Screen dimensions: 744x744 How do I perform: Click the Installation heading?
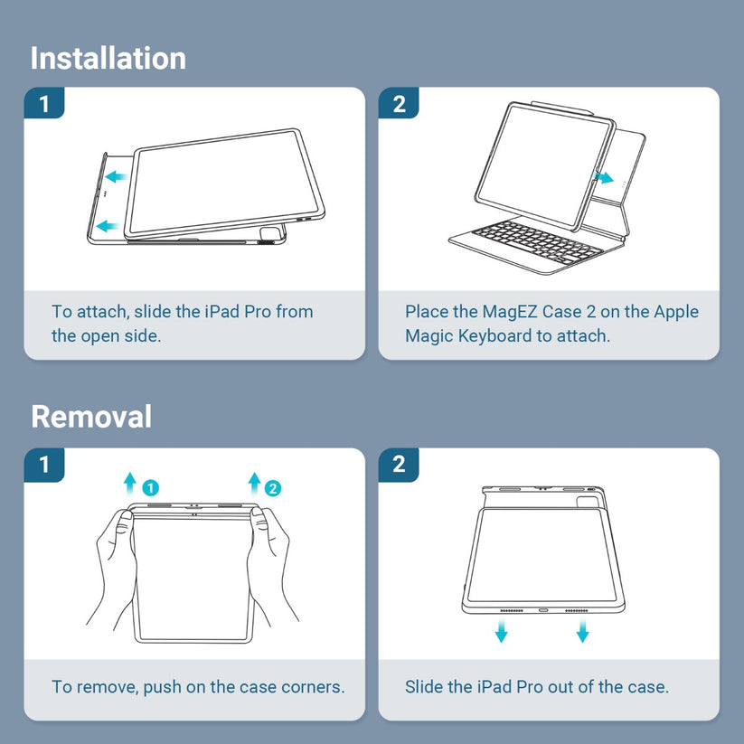pos(108,59)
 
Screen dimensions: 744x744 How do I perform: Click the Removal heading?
pos(91,417)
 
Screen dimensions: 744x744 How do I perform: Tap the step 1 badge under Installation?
pos(44,103)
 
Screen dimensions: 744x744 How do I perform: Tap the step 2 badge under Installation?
pos(399,103)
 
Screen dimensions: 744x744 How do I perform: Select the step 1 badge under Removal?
pos(44,465)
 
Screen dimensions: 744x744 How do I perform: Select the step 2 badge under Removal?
pos(399,465)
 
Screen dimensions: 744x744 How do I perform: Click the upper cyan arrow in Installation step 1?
pos(116,177)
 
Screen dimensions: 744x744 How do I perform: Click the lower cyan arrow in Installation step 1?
pos(108,226)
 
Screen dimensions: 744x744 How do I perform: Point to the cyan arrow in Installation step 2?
pos(603,178)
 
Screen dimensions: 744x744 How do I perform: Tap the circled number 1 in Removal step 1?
pos(150,488)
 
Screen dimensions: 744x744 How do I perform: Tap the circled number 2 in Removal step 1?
pos(273,488)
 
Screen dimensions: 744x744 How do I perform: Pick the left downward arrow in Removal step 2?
pos(501,630)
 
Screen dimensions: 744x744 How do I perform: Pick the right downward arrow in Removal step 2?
pos(583,630)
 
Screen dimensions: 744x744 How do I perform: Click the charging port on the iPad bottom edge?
pos(542,610)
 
